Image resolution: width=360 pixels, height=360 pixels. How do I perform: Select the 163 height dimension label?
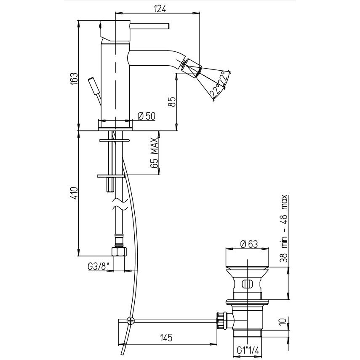(x=74, y=79)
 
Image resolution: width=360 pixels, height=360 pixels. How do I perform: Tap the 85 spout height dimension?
(x=171, y=102)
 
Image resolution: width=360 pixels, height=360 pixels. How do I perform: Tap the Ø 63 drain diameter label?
(x=248, y=244)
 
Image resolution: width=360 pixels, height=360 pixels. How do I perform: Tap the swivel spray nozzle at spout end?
(x=192, y=67)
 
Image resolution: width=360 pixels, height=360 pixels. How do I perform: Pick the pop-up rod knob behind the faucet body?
(x=93, y=86)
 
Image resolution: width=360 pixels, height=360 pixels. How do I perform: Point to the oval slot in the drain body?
(x=247, y=284)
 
